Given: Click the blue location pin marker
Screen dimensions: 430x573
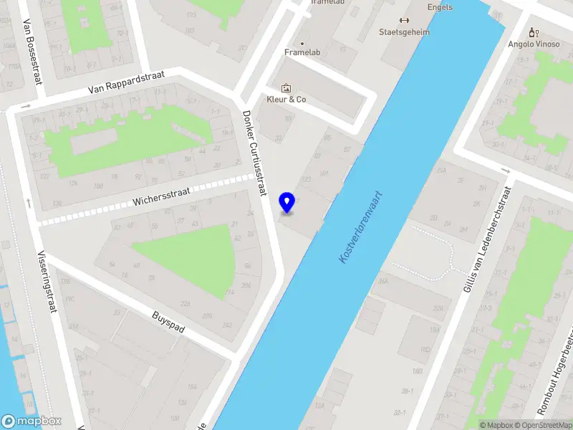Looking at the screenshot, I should point(287,202).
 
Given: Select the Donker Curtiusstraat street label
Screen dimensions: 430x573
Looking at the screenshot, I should point(255,153).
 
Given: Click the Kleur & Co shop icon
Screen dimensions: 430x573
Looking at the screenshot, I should point(286,88).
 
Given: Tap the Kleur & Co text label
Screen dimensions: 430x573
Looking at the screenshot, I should point(286,100).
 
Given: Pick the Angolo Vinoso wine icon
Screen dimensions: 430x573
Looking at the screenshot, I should point(532,32).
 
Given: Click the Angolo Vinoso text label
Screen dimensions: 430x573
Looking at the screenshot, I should point(533,44).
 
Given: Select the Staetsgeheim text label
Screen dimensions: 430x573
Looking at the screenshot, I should point(404,32).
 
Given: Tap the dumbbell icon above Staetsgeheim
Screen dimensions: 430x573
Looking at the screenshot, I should point(404,20).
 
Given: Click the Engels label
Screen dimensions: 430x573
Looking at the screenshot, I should point(439,8).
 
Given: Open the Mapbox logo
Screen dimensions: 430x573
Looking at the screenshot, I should point(32,421).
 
